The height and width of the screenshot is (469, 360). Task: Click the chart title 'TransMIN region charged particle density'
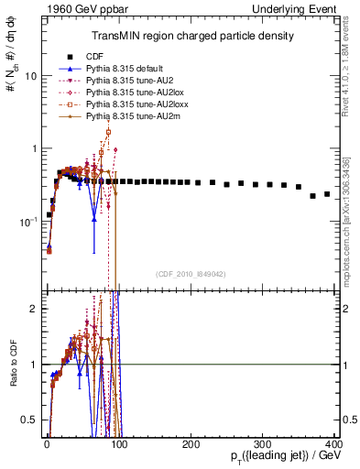(x=191, y=36)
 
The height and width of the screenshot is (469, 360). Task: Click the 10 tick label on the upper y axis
(x=30, y=76)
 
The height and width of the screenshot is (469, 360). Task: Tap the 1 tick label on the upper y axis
(x=33, y=148)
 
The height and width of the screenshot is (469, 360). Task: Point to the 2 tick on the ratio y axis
(x=33, y=309)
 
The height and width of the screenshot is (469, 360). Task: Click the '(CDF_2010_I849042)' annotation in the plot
(x=191, y=274)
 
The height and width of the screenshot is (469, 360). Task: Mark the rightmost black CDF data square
(x=327, y=194)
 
